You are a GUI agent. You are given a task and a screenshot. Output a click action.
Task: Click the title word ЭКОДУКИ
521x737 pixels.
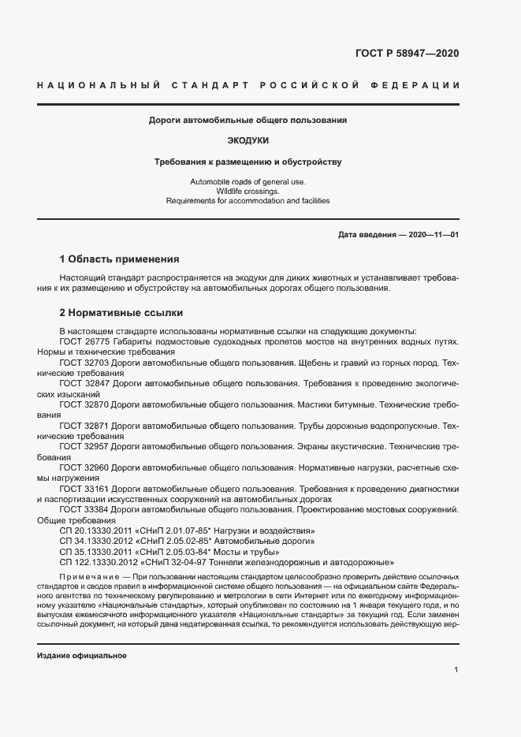tap(248, 141)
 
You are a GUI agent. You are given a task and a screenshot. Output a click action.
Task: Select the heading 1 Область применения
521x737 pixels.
tap(119, 259)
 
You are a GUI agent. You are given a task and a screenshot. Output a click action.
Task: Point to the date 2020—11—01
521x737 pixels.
tap(433, 235)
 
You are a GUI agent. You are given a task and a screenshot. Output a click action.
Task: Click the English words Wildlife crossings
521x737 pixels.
tap(247, 192)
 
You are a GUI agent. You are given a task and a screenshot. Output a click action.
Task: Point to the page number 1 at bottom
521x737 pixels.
tap(456, 670)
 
